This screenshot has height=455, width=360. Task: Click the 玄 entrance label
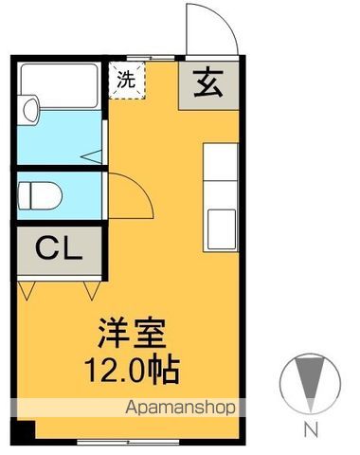pyautogui.click(x=208, y=84)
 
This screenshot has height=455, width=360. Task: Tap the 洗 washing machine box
pyautogui.click(x=125, y=80)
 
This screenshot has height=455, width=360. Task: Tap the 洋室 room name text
pyautogui.click(x=132, y=334)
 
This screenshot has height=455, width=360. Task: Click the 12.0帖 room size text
pyautogui.click(x=132, y=369)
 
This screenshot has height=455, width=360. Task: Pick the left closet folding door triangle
pyautogui.click(x=27, y=284)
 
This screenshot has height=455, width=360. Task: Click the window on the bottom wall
pyautogui.click(x=123, y=441)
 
